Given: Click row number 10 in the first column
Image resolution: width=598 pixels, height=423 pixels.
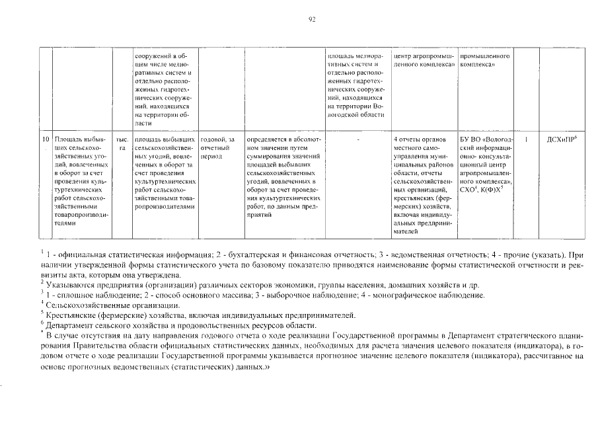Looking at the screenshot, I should (46, 139).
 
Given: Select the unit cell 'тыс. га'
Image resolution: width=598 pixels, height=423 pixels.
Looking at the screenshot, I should (122, 144).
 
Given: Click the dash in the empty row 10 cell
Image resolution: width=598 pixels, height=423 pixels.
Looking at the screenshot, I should (357, 139).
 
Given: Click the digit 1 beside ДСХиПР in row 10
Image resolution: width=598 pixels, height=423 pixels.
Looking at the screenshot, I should (526, 139).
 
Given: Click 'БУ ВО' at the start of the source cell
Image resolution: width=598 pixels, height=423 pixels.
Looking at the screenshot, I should (470, 140).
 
